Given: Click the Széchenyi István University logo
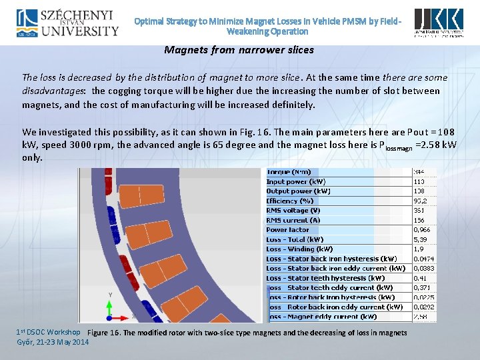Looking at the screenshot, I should [x=67, y=23].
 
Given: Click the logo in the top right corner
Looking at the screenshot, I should [x=438, y=23].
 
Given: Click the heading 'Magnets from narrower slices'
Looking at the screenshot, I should [x=239, y=50].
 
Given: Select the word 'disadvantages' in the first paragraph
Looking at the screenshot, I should [x=53, y=91].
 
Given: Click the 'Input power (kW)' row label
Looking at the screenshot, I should [x=296, y=181].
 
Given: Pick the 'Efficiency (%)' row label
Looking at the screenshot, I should [x=290, y=201].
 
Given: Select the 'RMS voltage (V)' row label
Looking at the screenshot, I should [x=293, y=210].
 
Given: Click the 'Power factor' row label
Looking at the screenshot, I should [x=288, y=229].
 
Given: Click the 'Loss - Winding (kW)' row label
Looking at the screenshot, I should [x=300, y=249].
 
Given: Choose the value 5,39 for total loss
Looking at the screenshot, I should [x=420, y=239].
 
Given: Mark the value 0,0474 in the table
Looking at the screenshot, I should [x=424, y=259].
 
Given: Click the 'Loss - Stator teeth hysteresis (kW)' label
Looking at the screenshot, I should [x=325, y=278].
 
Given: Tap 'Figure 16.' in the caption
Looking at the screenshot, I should [x=104, y=333].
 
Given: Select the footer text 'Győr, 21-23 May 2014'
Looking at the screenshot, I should [x=52, y=343].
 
